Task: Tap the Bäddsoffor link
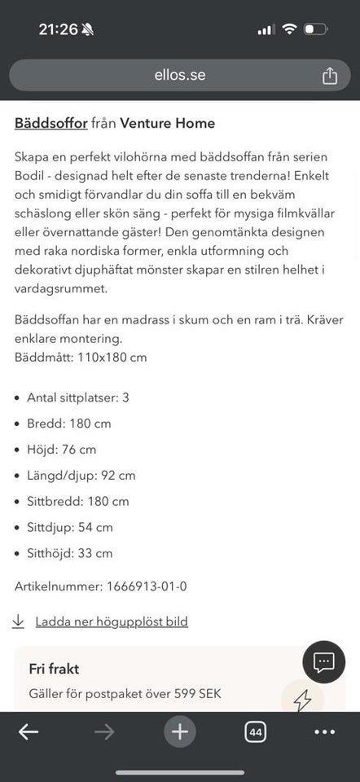50,124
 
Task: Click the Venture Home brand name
167,124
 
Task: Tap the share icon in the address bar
329,76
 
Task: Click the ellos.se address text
180,76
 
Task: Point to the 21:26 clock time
58,29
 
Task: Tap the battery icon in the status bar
314,29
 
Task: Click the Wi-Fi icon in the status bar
288,29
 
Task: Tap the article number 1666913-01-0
147,586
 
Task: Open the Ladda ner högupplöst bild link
112,622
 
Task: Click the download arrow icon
19,622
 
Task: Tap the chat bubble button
324,661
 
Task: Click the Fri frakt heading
54,670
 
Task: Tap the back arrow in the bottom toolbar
29,731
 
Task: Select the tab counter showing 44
255,731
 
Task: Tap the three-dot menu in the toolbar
325,731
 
